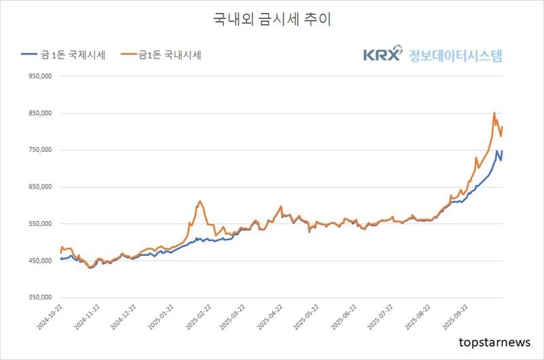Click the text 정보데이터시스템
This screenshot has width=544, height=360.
[x=456, y=54]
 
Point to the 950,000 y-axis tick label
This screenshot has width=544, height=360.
[x=41, y=77]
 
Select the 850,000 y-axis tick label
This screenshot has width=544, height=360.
[x=41, y=114]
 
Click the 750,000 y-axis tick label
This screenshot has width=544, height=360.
[x=41, y=150]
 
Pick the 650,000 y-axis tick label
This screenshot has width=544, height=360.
[x=41, y=187]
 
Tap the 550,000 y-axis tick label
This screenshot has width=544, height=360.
[x=41, y=224]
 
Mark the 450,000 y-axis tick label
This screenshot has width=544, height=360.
[x=41, y=261]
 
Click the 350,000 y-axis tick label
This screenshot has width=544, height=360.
[x=41, y=297]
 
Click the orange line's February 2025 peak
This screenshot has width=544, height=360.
[x=200, y=201]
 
